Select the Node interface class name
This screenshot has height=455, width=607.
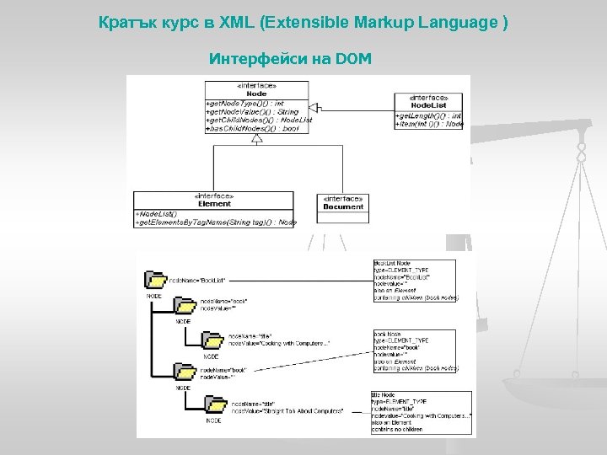point(256,94)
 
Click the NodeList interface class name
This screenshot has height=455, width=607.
point(428,105)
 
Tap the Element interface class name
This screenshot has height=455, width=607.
point(214,203)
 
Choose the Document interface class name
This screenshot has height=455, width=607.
point(343,206)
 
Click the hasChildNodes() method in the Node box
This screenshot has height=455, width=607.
point(253,129)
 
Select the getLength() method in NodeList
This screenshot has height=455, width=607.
point(427,115)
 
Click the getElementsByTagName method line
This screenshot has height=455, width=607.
point(216,222)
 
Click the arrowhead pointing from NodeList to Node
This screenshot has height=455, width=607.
point(314,108)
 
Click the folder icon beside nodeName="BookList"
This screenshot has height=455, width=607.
point(155,280)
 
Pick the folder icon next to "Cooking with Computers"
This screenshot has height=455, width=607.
point(212,340)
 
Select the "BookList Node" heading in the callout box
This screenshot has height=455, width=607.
point(392,264)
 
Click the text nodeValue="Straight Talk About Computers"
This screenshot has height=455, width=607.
point(287,410)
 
